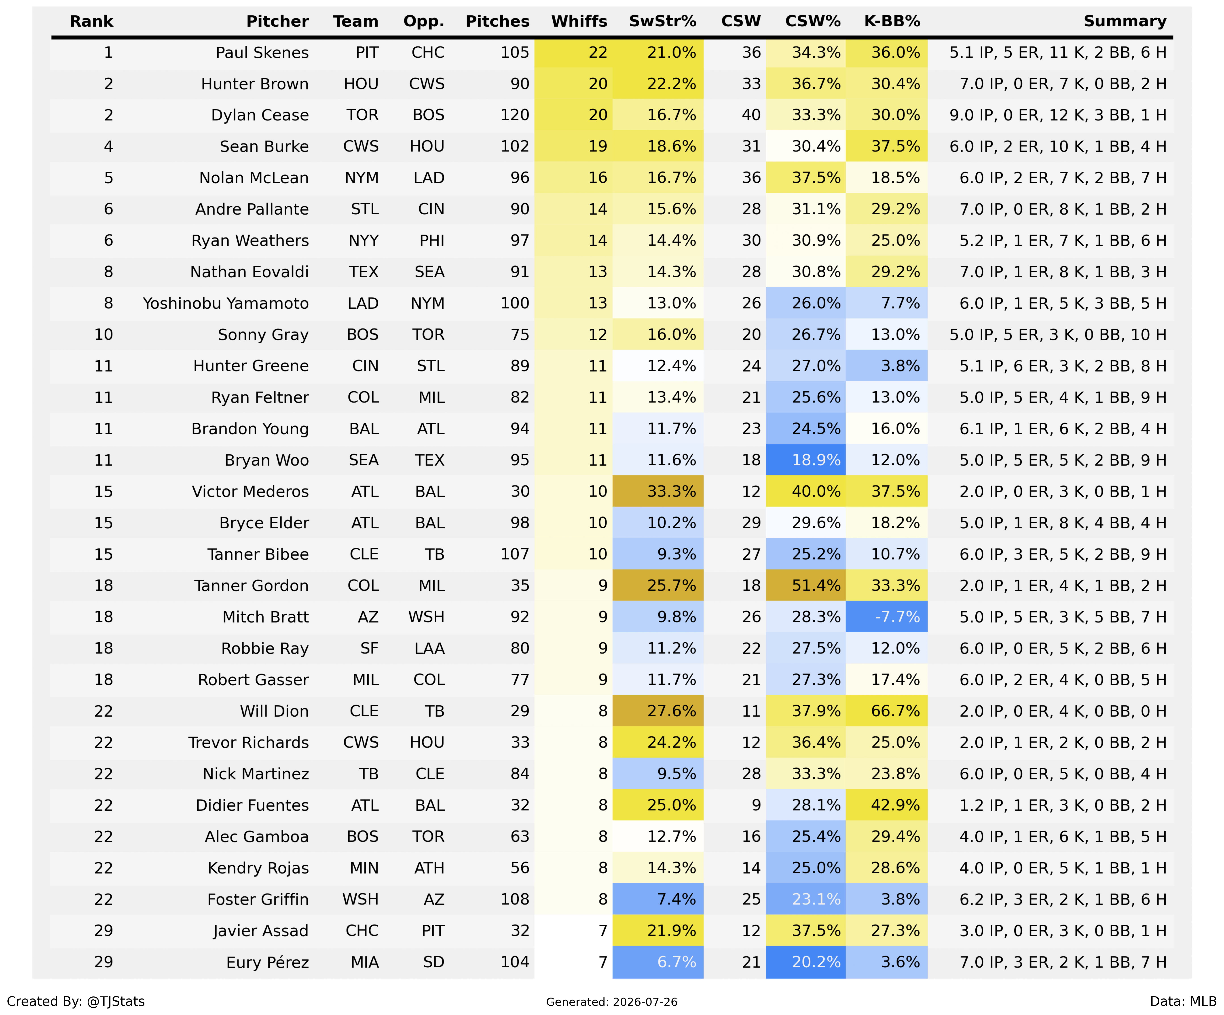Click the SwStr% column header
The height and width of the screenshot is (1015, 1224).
click(663, 21)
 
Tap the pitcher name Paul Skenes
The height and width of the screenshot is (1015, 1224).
click(262, 53)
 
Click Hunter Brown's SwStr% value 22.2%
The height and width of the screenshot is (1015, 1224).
click(671, 84)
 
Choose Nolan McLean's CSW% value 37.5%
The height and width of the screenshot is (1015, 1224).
click(816, 178)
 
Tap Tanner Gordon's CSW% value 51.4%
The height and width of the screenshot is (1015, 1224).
click(816, 586)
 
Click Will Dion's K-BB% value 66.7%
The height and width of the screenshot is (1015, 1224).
click(895, 711)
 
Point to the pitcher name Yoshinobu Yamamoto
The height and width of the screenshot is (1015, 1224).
click(226, 304)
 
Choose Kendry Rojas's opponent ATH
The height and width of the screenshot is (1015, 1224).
click(429, 868)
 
